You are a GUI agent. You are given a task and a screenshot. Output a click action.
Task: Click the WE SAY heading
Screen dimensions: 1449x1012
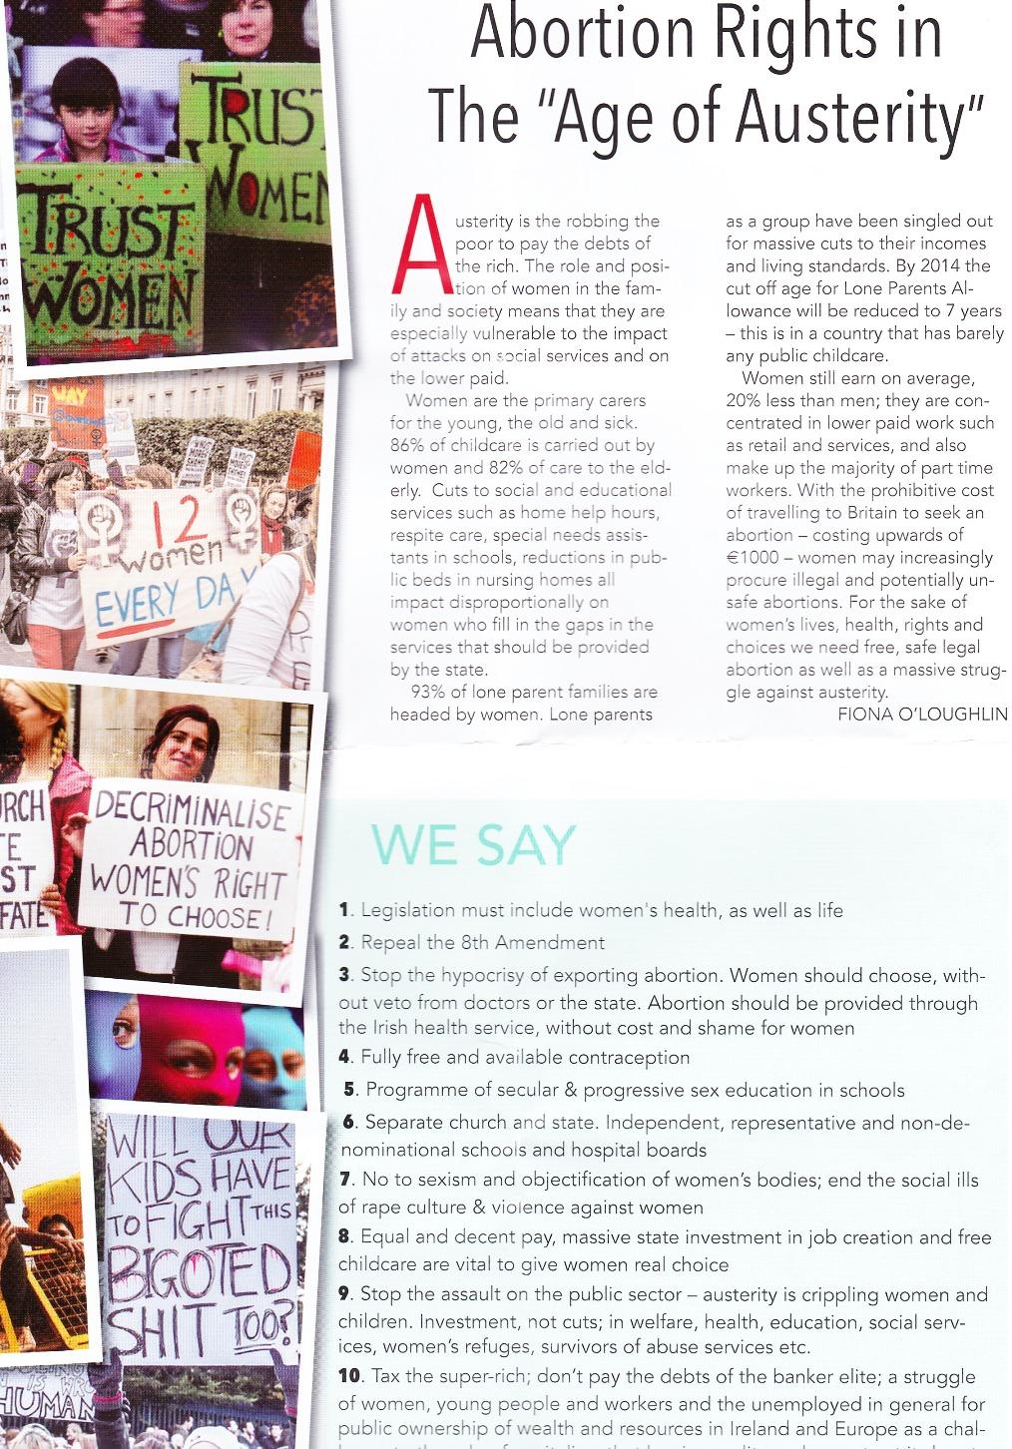point(474,845)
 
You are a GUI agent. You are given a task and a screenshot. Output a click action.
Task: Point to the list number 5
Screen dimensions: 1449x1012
point(349,1090)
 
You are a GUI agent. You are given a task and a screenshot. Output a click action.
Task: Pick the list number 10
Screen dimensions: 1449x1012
point(348,1376)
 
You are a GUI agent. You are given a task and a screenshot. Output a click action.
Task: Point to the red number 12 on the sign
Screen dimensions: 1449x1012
point(165,521)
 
